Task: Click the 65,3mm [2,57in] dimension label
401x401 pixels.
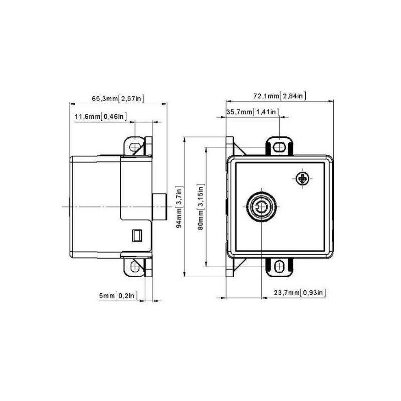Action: (118, 99)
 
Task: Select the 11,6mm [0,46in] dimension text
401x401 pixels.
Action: (101, 117)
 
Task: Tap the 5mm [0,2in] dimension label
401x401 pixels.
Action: (118, 296)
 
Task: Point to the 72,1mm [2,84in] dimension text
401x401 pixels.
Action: (280, 96)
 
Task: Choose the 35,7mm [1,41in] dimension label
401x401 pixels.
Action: (253, 112)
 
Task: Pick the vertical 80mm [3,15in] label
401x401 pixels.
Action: (201, 207)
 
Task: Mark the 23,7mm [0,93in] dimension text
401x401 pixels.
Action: (300, 293)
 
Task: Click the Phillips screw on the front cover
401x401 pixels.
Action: (302, 178)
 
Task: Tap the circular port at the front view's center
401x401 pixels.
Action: (261, 206)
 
